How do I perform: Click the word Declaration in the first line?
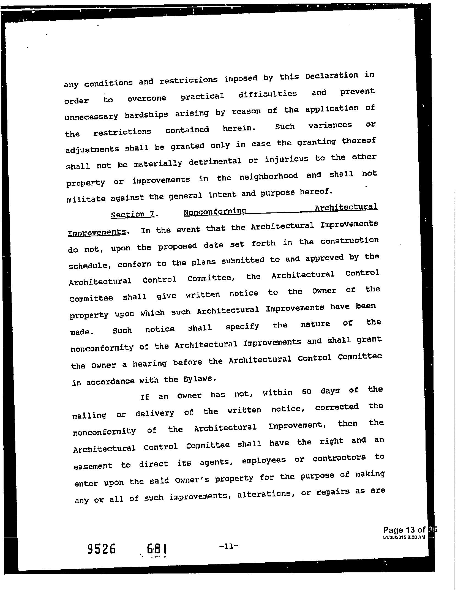[332, 76]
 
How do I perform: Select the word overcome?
[146, 99]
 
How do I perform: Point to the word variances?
[330, 125]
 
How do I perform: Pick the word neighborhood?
[268, 177]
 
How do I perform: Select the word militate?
[86, 199]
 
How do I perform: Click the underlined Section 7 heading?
[132, 214]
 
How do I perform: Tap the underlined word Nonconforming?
[215, 212]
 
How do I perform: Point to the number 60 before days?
[306, 392]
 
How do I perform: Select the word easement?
[93, 466]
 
